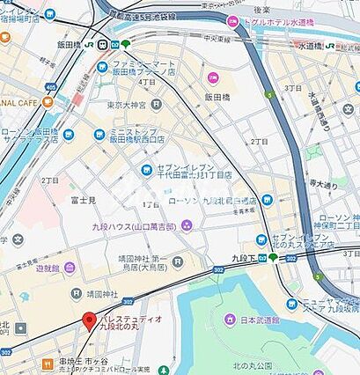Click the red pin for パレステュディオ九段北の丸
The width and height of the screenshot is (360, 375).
(89, 321)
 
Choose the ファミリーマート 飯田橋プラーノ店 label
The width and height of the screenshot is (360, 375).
(140, 70)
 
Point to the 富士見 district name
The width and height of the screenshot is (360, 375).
(84, 200)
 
